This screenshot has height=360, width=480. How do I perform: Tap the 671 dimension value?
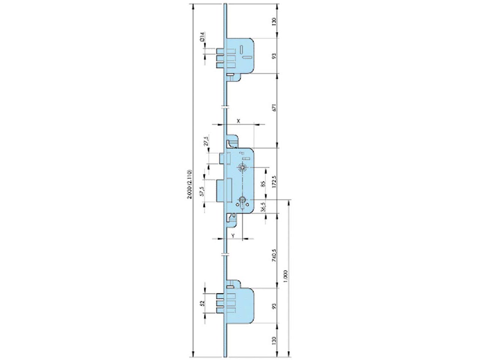274,107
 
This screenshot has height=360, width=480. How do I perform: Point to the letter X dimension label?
238,121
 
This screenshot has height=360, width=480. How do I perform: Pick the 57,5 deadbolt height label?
202,191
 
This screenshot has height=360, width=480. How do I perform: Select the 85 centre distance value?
263,184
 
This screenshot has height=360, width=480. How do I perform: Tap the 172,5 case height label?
274,182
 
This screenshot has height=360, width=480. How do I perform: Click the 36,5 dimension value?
263,207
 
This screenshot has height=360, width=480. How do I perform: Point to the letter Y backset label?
233,235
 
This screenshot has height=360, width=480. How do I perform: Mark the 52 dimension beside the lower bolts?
202,303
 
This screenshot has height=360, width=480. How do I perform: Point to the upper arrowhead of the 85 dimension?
266,169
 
